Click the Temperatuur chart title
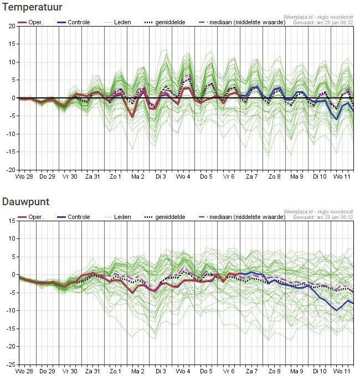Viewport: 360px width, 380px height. [x=31, y=7]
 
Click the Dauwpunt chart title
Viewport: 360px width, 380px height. [x=27, y=202]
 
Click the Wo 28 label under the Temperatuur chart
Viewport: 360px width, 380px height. [x=24, y=176]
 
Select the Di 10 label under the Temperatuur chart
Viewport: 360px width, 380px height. [x=320, y=176]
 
